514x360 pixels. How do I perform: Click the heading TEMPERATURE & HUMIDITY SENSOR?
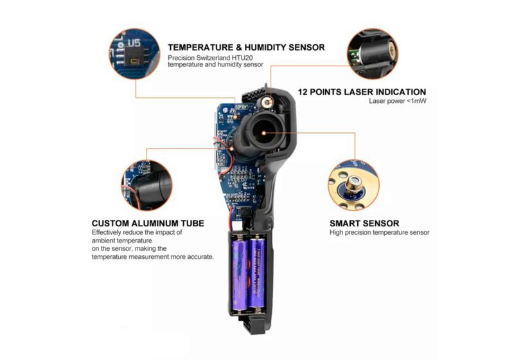click(x=246, y=48)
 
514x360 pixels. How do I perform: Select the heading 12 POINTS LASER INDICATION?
click(x=362, y=92)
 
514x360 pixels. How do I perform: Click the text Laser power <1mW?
click(x=398, y=101)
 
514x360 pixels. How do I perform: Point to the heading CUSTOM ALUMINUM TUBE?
click(x=148, y=224)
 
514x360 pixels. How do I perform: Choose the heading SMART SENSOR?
click(x=364, y=224)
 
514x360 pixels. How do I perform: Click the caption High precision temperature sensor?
click(x=379, y=233)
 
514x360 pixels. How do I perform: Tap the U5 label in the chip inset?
click(x=134, y=42)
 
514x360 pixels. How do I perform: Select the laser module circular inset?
click(x=373, y=54)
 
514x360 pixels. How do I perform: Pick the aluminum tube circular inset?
click(x=147, y=185)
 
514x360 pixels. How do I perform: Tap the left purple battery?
click(x=240, y=274)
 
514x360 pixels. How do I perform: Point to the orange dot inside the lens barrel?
click(x=263, y=133)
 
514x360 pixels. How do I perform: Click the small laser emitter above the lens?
click(x=268, y=103)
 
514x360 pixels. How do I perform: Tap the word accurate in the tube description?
click(x=200, y=256)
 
